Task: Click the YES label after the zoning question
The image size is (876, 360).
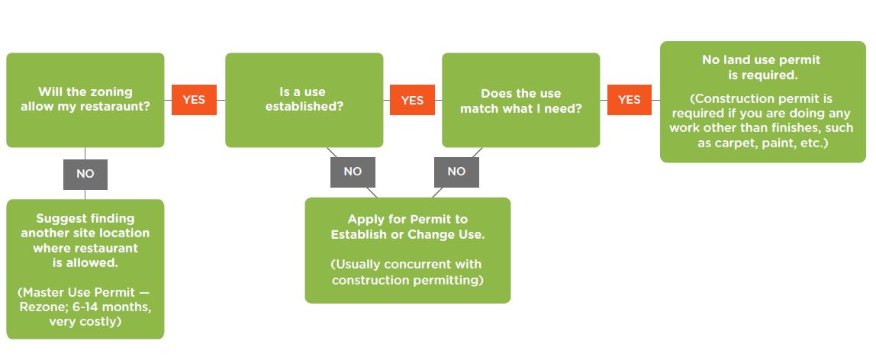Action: tap(194, 100)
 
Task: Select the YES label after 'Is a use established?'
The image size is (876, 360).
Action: tap(412, 100)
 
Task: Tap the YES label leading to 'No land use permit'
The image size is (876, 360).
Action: tap(629, 100)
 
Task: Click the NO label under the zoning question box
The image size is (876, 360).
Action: tap(85, 174)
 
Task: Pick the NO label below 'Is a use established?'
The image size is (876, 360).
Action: tap(353, 172)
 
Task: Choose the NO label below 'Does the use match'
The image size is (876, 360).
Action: tap(456, 172)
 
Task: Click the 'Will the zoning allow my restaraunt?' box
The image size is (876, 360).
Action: tap(85, 100)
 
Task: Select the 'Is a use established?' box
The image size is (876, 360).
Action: tap(304, 100)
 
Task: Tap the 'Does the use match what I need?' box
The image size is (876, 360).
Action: tap(520, 100)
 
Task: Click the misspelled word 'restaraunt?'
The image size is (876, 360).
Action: tap(117, 107)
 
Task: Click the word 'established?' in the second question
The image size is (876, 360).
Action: tap(304, 107)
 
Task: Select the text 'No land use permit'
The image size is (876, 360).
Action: tap(762, 59)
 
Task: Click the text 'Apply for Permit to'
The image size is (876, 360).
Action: tap(407, 220)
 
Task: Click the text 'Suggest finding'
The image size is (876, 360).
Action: tap(85, 219)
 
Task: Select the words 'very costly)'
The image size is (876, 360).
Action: tap(85, 322)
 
